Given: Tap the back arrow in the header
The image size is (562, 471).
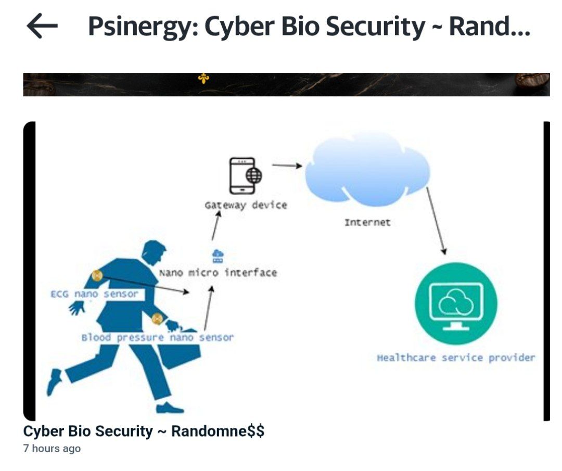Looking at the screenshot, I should pos(42,26).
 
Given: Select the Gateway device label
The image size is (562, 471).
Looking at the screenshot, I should pos(246,205).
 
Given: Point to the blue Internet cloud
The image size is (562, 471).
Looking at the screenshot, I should pos(367,169).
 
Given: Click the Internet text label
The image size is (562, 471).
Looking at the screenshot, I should pos(367,222).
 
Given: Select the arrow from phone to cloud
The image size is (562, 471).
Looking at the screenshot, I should pos(287,166).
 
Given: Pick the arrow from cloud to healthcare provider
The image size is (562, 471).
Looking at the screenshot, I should pos(436,221).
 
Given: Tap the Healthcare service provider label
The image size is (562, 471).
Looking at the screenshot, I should pos(456,358).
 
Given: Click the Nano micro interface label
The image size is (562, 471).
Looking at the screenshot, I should pos(218,272).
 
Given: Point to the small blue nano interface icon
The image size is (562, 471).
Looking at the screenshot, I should pos(218,256).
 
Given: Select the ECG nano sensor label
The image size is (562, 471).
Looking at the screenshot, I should pos(94,294).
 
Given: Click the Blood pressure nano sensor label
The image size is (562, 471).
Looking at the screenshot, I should pos(157,337).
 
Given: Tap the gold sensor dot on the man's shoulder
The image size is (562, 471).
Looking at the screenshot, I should pos(97,275).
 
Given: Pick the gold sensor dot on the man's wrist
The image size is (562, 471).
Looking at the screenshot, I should pos(157,319).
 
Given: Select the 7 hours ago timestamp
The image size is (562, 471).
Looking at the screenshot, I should pos(52,448).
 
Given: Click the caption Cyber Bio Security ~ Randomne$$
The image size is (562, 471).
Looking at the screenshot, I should pos(144,431).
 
